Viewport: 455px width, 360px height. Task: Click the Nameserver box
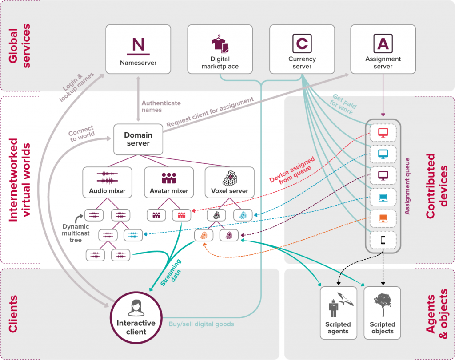coord(138,49)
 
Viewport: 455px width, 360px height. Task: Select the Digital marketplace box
coord(220,49)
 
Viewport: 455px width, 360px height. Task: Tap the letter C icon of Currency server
coord(302,44)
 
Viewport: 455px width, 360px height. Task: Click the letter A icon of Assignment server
coord(383,44)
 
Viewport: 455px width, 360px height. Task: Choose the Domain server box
coord(138,139)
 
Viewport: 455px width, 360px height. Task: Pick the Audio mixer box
coord(108,182)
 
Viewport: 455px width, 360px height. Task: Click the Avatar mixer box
coord(169,182)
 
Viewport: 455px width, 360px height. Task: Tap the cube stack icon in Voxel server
coord(230,178)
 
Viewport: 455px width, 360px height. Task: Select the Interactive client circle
coord(136,318)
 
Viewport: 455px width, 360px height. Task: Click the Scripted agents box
coord(338,313)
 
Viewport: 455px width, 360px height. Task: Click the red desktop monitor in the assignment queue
coord(383,133)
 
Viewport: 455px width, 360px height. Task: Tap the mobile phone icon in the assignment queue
coord(383,240)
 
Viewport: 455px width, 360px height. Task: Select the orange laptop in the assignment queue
coord(383,218)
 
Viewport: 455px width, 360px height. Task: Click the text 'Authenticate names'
coord(161,107)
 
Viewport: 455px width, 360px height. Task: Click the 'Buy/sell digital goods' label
coord(201,324)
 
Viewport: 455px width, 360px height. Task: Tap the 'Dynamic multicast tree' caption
coord(76,233)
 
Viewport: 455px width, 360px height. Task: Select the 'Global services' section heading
coord(19,46)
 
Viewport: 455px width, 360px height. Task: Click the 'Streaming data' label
coord(171,273)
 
